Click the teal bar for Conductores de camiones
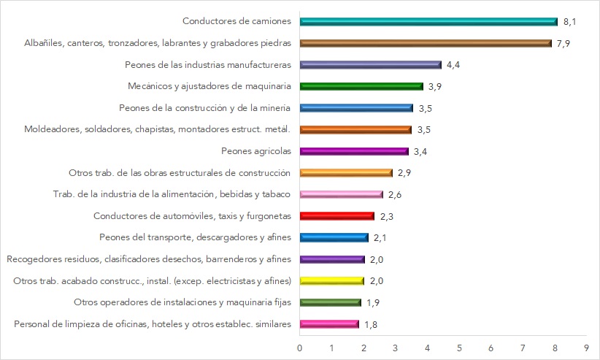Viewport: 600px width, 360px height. pyautogui.click(x=428, y=21)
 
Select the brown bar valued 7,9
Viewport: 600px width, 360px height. pyautogui.click(x=425, y=43)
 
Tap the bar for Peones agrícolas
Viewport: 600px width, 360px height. pyautogui.click(x=353, y=151)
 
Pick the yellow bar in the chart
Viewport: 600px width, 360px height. pyautogui.click(x=331, y=281)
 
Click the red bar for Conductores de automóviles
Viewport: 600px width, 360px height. pyautogui.click(x=336, y=216)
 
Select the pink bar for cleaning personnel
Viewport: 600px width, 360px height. pyautogui.click(x=328, y=324)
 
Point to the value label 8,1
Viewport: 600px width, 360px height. pyautogui.click(x=570, y=21)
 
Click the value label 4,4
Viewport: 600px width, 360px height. pyautogui.click(x=453, y=65)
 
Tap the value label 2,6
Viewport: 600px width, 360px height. pyautogui.click(x=395, y=194)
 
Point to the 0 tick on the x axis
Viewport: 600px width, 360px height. pyautogui.click(x=299, y=348)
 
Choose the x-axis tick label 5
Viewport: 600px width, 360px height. pyautogui.click(x=459, y=348)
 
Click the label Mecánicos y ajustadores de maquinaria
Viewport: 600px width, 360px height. pyautogui.click(x=209, y=86)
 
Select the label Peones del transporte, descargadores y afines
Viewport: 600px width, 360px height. pyautogui.click(x=195, y=237)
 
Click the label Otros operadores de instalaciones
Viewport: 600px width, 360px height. pyautogui.click(x=182, y=302)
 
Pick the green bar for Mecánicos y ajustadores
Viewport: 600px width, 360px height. pyautogui.click(x=361, y=86)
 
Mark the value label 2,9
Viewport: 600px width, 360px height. pyautogui.click(x=405, y=173)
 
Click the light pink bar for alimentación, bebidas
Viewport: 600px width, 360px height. pyautogui.click(x=341, y=194)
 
